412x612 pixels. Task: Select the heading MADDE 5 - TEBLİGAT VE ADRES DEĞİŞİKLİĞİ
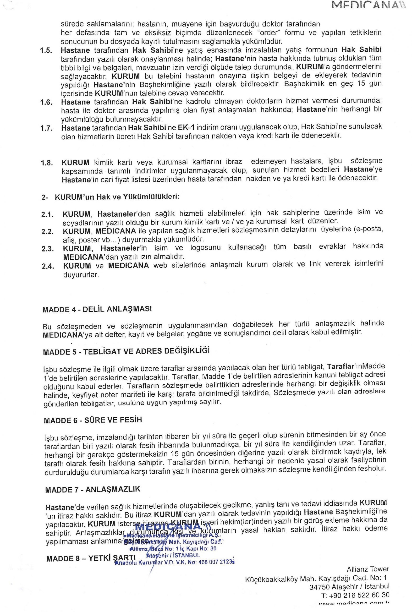pos(126,351)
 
